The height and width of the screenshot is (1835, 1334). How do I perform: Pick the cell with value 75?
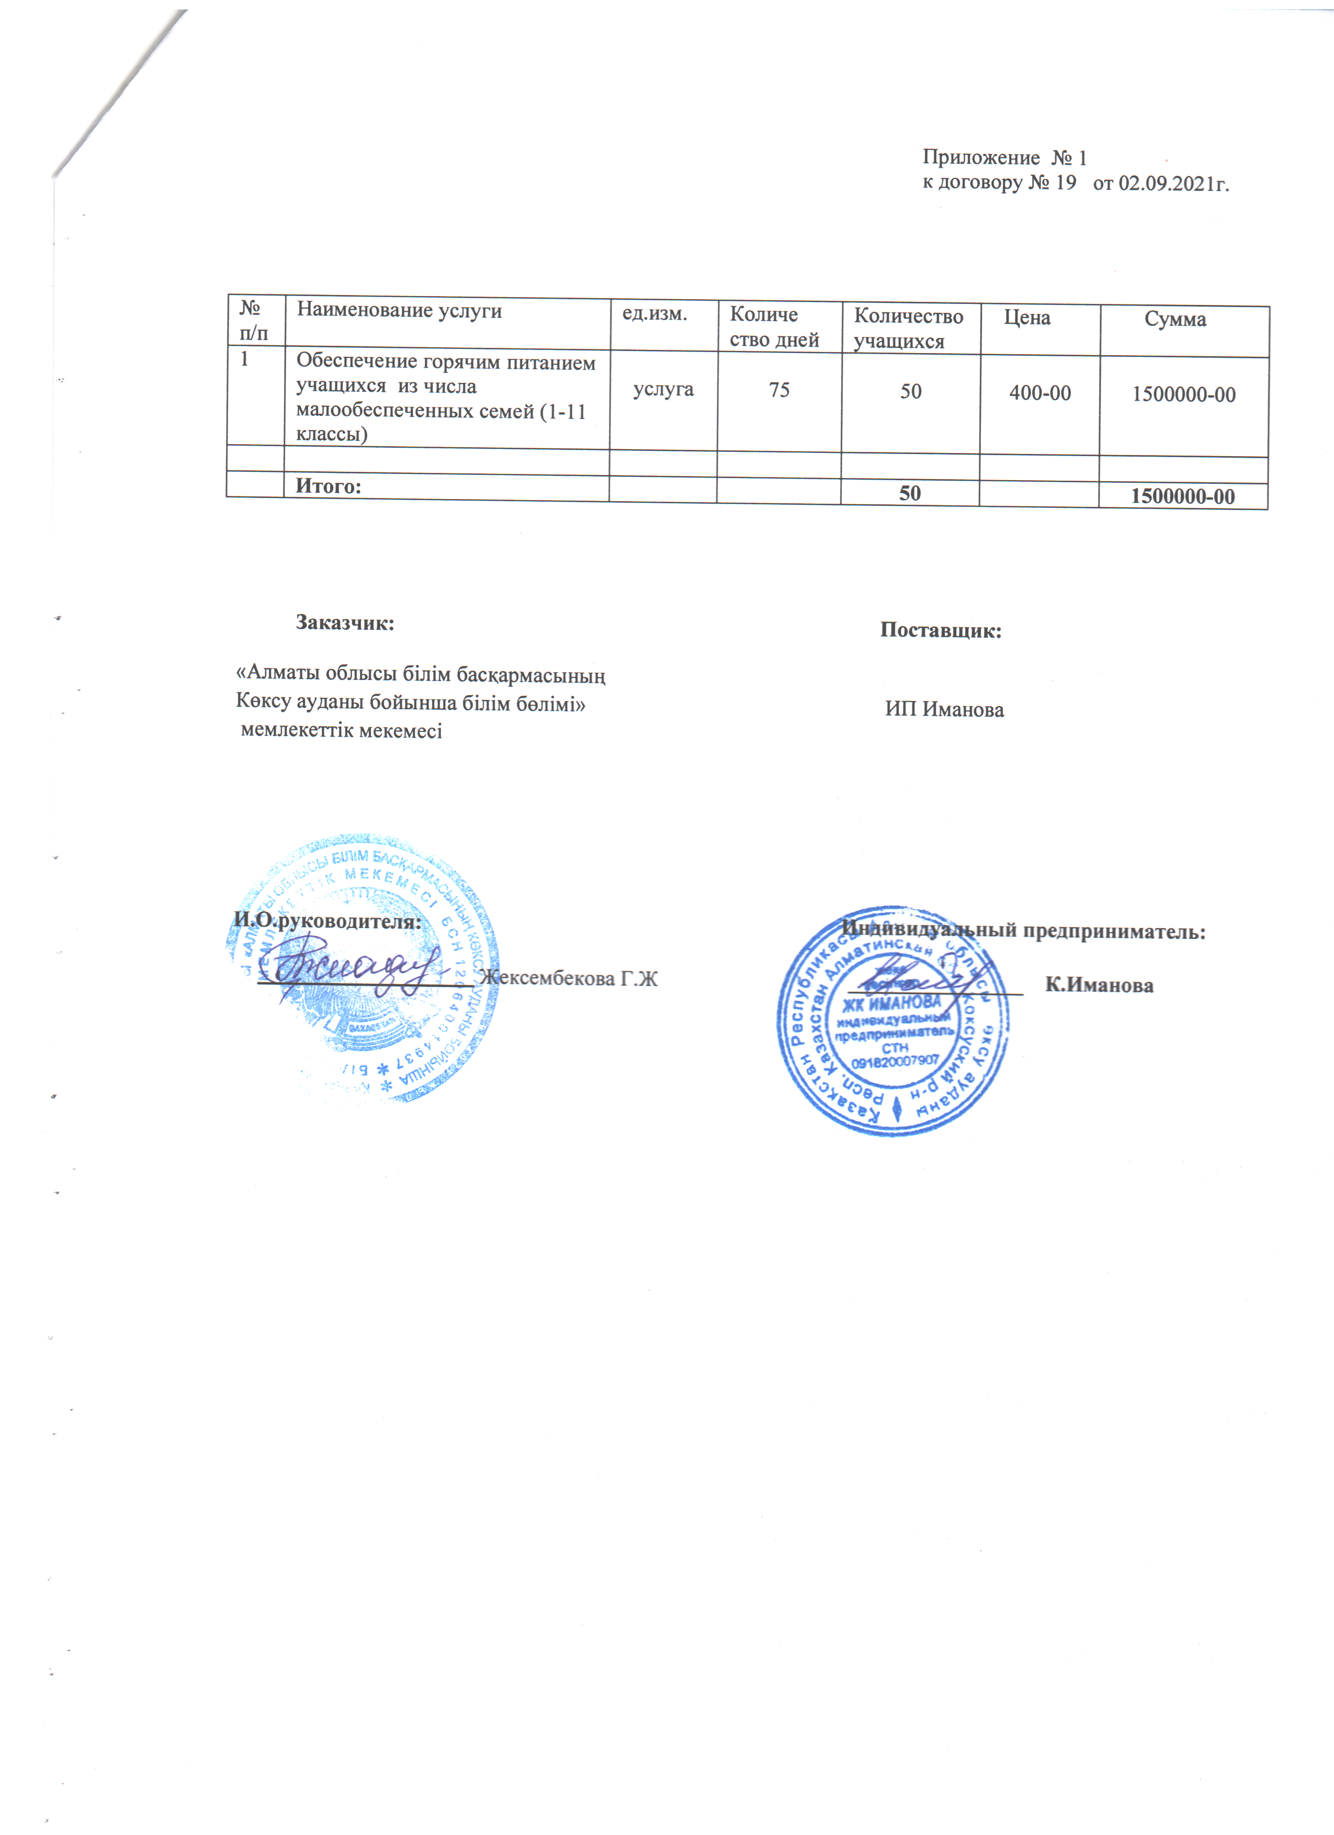778,390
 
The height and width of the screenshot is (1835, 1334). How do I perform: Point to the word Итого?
327,486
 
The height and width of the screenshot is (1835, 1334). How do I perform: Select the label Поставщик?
940,630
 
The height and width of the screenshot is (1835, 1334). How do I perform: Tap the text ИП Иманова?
944,709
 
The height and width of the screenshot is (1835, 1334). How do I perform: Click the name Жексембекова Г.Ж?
568,978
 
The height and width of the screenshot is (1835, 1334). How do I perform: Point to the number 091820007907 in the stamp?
895,1060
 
